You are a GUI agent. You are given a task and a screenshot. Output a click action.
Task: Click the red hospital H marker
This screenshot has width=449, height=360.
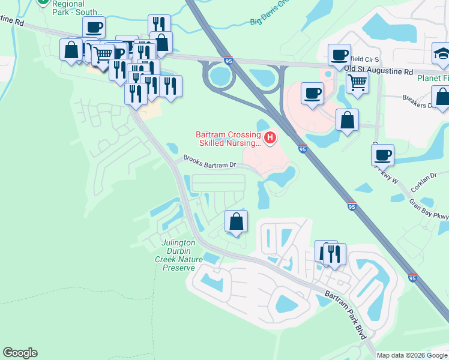270,139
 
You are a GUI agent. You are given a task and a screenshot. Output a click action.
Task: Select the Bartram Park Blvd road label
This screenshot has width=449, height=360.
345,314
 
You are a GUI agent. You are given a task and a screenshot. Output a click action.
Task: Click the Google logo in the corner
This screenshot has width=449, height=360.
20,353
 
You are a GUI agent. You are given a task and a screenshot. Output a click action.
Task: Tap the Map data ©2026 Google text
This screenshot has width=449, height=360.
412,355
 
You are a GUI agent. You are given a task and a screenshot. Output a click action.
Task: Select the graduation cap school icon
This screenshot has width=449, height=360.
441,55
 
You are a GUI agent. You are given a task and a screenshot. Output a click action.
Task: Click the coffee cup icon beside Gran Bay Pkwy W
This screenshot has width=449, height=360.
382,155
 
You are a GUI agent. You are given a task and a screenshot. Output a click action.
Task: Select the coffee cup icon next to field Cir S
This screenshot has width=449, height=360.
339,55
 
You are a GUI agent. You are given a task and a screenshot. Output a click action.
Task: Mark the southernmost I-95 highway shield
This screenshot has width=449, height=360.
412,278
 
